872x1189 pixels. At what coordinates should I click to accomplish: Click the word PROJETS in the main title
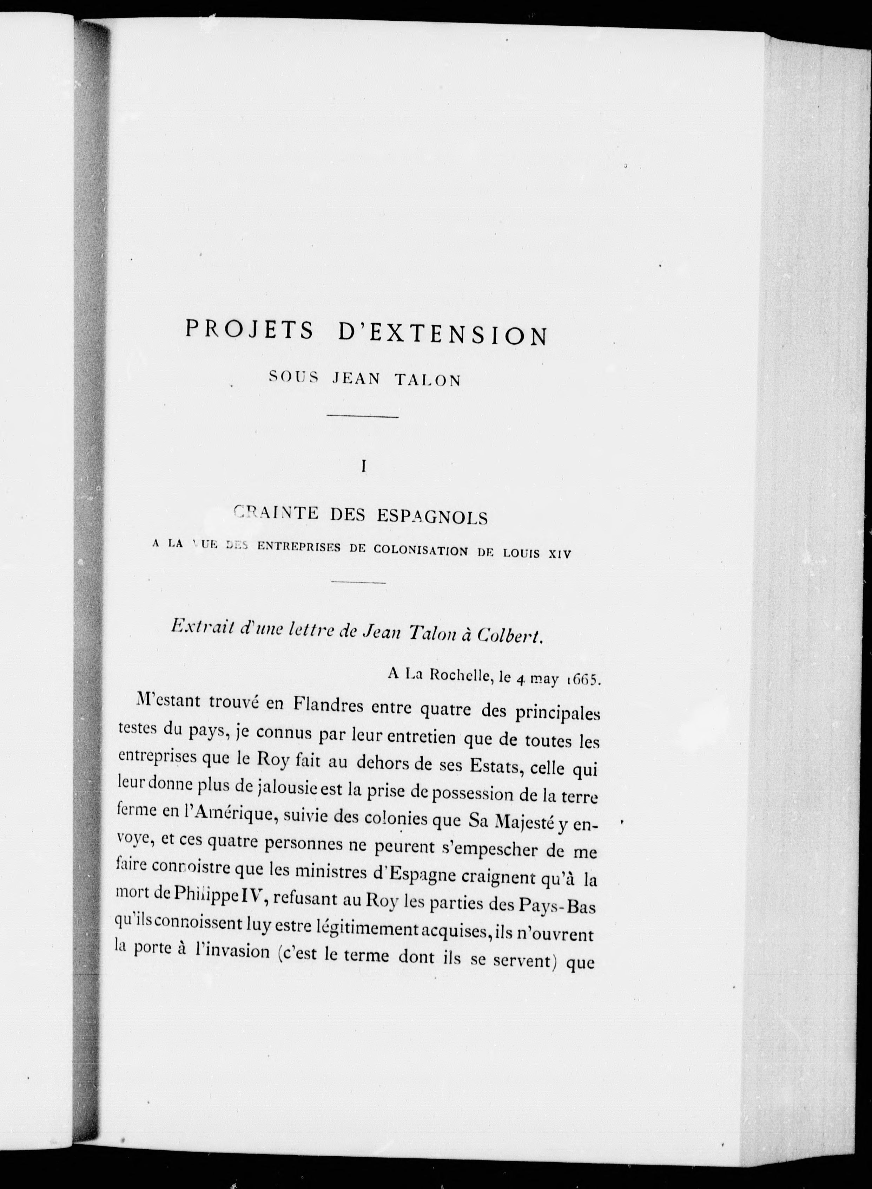pyautogui.click(x=250, y=330)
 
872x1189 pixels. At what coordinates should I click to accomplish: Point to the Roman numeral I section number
pyautogui.click(x=363, y=466)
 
